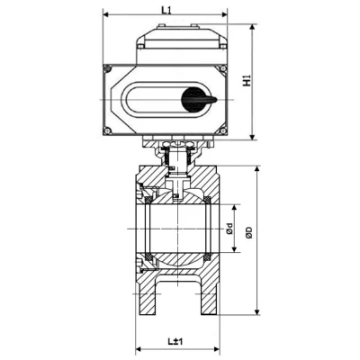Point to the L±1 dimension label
(x=175, y=341)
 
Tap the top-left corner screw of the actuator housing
(x=109, y=70)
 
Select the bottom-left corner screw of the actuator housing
(x=109, y=132)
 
